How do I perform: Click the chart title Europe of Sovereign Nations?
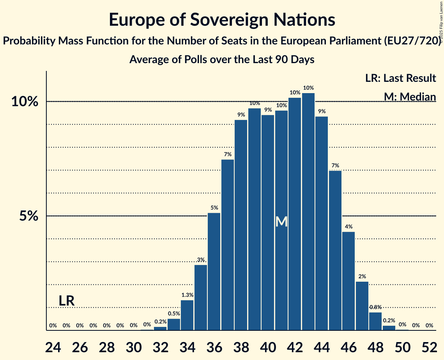point(222,20)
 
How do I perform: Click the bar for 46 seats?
point(348,281)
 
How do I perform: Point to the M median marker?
point(281,222)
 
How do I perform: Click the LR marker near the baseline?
point(67,301)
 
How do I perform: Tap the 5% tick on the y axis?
point(29,216)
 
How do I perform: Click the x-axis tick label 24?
point(53,347)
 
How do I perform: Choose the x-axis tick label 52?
point(429,347)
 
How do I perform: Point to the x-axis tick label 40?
point(268,347)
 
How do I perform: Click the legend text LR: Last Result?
point(400,78)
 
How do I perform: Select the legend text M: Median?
point(410,96)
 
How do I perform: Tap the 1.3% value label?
point(187,295)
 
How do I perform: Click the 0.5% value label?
point(174,314)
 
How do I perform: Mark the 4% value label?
point(348,227)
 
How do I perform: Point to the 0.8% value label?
point(375,307)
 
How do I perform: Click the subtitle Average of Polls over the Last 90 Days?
point(222,60)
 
